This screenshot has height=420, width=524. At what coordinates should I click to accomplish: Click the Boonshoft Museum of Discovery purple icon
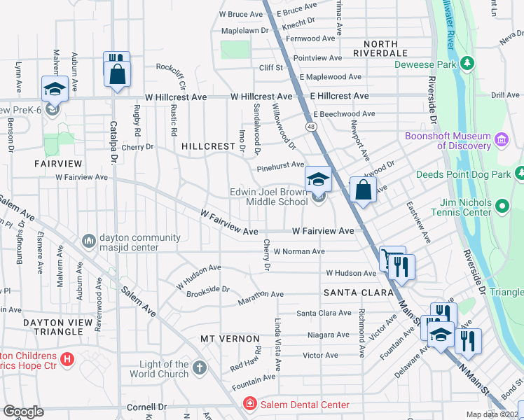coord(501,140)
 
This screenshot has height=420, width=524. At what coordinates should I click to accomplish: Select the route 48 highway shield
coord(309,125)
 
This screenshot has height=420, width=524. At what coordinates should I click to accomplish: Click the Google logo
coord(24,412)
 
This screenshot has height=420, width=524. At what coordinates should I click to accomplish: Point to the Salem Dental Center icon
coord(249,404)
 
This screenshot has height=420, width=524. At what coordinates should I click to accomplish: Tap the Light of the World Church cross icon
coord(200,367)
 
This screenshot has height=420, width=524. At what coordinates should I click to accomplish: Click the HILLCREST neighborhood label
coord(207,146)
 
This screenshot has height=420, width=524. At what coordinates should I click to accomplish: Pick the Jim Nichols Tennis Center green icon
coord(502,206)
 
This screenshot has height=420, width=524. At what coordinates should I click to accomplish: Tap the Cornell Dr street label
coord(146,407)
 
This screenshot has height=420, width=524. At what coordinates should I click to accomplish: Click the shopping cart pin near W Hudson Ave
coord(390,258)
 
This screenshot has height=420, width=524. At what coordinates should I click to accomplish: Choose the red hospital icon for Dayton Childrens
coord(67,360)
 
